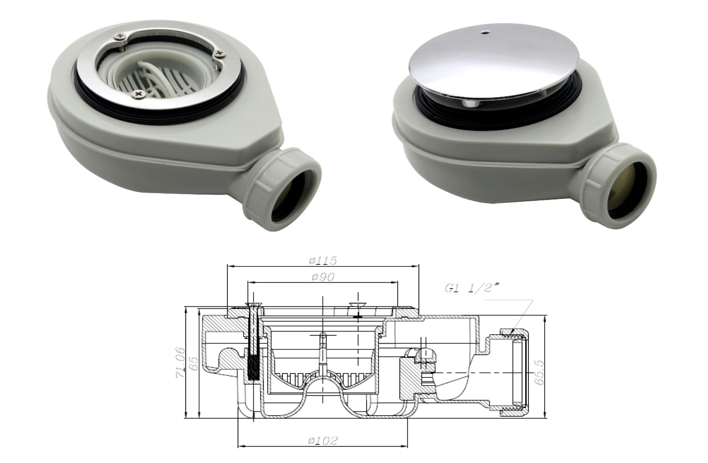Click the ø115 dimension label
(323, 261)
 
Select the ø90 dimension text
(323, 277)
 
